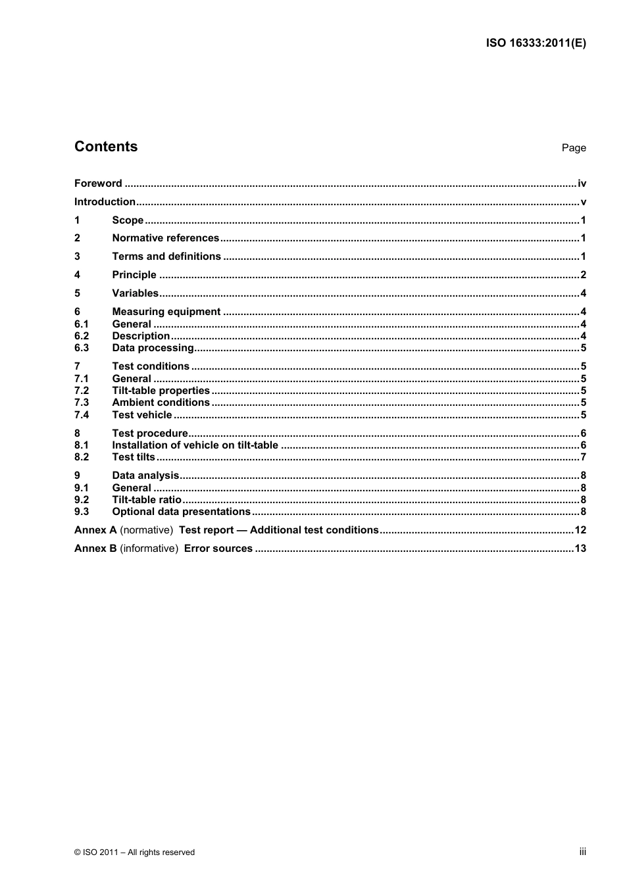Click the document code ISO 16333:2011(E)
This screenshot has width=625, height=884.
pyautogui.click(x=536, y=43)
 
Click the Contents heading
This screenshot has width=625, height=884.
pyautogui.click(x=106, y=147)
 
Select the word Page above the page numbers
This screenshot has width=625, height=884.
pyautogui.click(x=573, y=148)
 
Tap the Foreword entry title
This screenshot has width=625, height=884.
pyautogui.click(x=98, y=184)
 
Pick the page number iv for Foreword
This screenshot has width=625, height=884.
pyautogui.click(x=582, y=184)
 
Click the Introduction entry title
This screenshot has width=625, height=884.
pyautogui.click(x=105, y=202)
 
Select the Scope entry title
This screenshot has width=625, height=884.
pyautogui.click(x=128, y=220)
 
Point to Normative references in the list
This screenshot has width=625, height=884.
pyautogui.click(x=165, y=238)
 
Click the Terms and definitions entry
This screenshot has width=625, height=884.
pyautogui.click(x=166, y=257)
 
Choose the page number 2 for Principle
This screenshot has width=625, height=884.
pyautogui.click(x=583, y=275)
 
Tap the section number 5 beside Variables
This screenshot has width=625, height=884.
pyautogui.click(x=77, y=293)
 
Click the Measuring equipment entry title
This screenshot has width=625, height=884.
pyautogui.click(x=166, y=312)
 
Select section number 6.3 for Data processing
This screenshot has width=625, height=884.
pyautogui.click(x=82, y=348)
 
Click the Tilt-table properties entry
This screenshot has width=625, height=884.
pyautogui.click(x=161, y=391)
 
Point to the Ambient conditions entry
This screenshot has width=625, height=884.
pyautogui.click(x=161, y=403)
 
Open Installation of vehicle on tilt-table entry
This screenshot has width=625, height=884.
pyautogui.click(x=195, y=445)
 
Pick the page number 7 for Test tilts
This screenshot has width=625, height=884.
pyautogui.click(x=583, y=457)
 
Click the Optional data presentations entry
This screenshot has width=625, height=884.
pyautogui.click(x=181, y=512)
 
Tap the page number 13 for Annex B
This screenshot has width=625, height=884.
pyautogui.click(x=580, y=549)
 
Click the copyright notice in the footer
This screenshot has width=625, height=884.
pyautogui.click(x=134, y=852)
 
